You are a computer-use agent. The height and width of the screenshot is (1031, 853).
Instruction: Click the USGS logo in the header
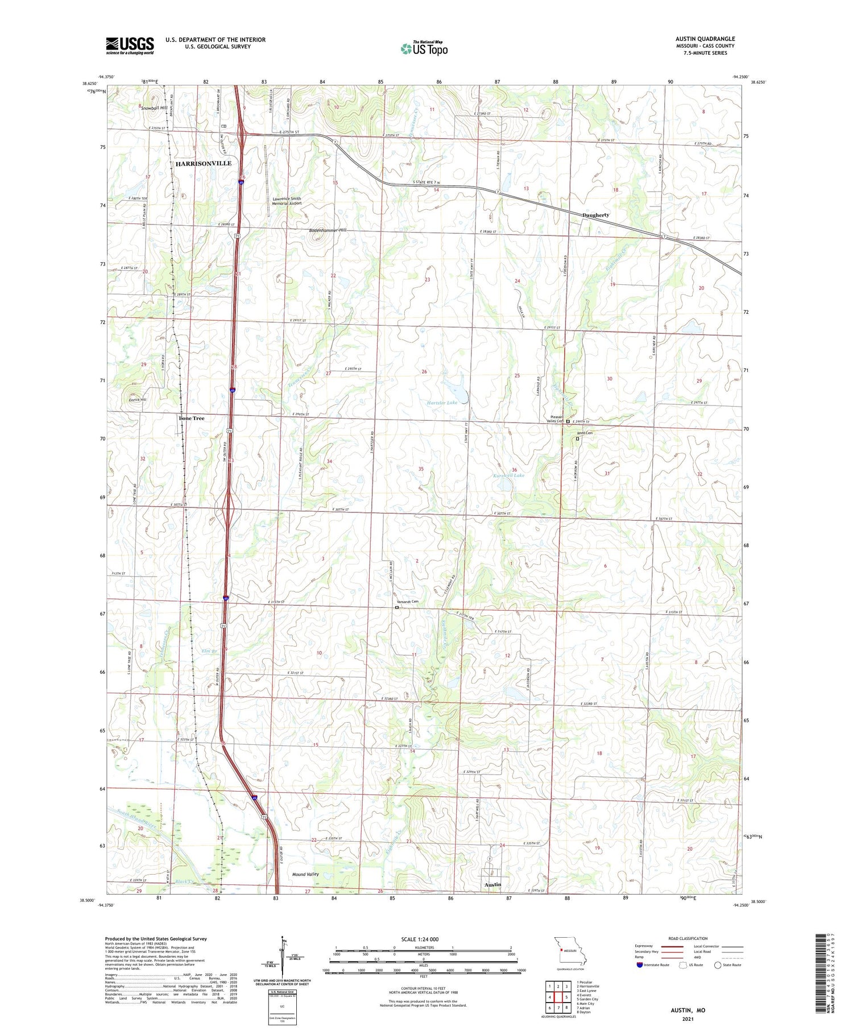tap(130, 45)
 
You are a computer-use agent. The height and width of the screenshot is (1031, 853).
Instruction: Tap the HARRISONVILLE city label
tap(203, 163)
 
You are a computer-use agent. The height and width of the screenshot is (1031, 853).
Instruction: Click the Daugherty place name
tap(595, 215)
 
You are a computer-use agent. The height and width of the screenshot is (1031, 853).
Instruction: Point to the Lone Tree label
tap(191, 418)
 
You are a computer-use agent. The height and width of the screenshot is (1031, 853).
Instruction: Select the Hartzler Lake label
tap(442, 403)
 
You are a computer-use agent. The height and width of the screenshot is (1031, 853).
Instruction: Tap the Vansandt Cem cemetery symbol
tap(397, 607)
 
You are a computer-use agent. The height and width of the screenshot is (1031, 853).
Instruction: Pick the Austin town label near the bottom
tap(492, 885)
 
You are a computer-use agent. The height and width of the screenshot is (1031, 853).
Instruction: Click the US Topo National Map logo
tap(424, 48)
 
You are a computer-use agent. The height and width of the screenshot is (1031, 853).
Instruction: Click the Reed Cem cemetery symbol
tap(578, 439)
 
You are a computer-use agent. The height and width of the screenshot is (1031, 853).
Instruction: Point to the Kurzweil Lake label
tap(508, 475)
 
